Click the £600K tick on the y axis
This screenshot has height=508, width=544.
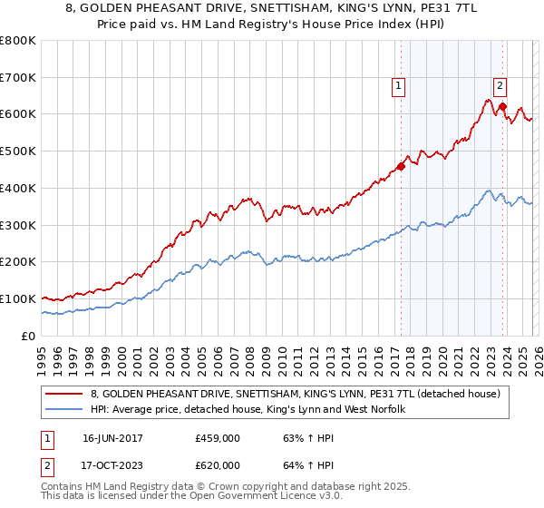(x=18, y=114)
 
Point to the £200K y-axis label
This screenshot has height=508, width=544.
(x=18, y=261)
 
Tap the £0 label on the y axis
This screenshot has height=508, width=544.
(x=29, y=336)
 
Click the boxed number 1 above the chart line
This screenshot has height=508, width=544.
(x=398, y=87)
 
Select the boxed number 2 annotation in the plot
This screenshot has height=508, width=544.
(x=500, y=87)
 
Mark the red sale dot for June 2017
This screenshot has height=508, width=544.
(x=401, y=166)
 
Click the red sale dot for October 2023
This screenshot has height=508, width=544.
(x=502, y=106)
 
